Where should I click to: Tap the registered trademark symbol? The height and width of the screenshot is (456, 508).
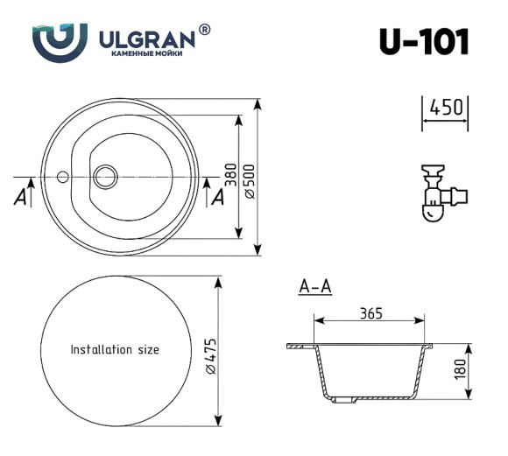[204, 30]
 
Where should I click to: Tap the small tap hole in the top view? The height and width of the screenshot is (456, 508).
[62, 177]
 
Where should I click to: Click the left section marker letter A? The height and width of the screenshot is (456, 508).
[19, 197]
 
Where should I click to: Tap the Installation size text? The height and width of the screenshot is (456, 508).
[115, 349]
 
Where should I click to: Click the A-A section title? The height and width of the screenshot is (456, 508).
[314, 286]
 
